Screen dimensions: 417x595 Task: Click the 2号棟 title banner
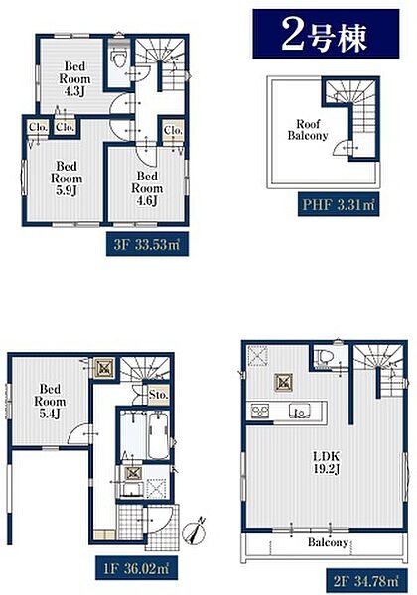click(x=326, y=34)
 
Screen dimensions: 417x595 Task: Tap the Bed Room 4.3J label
click(x=74, y=79)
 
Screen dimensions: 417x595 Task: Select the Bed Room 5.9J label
click(x=67, y=178)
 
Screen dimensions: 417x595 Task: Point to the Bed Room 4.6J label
click(x=147, y=188)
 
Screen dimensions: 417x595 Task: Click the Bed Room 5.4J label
click(x=50, y=401)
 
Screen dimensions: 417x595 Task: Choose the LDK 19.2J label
click(x=327, y=462)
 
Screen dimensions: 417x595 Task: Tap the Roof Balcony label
click(x=308, y=130)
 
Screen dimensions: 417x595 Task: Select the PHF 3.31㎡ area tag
click(x=339, y=205)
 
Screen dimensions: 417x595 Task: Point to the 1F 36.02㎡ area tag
click(x=136, y=567)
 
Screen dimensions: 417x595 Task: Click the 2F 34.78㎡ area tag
click(x=366, y=580)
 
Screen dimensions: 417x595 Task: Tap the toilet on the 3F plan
click(x=118, y=57)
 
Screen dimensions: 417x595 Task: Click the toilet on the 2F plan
click(x=326, y=357)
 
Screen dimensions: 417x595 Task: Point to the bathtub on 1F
click(x=159, y=435)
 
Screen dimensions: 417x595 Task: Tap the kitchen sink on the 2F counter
click(x=300, y=411)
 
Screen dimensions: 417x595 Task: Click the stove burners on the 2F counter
click(x=260, y=411)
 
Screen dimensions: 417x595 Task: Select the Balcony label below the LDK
click(x=328, y=542)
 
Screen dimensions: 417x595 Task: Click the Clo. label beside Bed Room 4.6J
click(x=173, y=131)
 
